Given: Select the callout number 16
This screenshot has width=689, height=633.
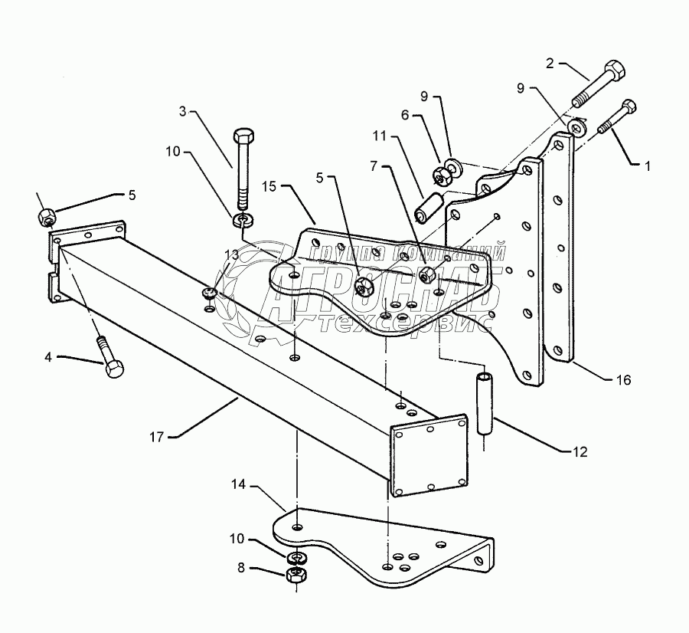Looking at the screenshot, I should [x=623, y=379].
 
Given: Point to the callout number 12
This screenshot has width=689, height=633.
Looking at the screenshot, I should [x=579, y=452].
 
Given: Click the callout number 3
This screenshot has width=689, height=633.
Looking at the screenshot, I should [x=183, y=111].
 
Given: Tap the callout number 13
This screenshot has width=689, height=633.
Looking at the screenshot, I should [x=231, y=254].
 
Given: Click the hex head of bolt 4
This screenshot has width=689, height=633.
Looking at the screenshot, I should [x=113, y=369].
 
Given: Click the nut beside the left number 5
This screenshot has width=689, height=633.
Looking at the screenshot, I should [x=44, y=218].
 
